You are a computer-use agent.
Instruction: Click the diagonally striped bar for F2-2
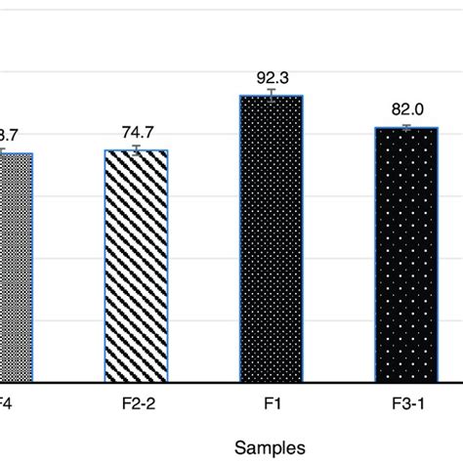[137, 266]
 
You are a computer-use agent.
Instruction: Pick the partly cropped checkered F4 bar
[16, 267]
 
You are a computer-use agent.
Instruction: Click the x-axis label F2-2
[137, 400]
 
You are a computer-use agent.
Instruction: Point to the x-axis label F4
[7, 400]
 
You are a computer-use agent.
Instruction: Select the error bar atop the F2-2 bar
[137, 148]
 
